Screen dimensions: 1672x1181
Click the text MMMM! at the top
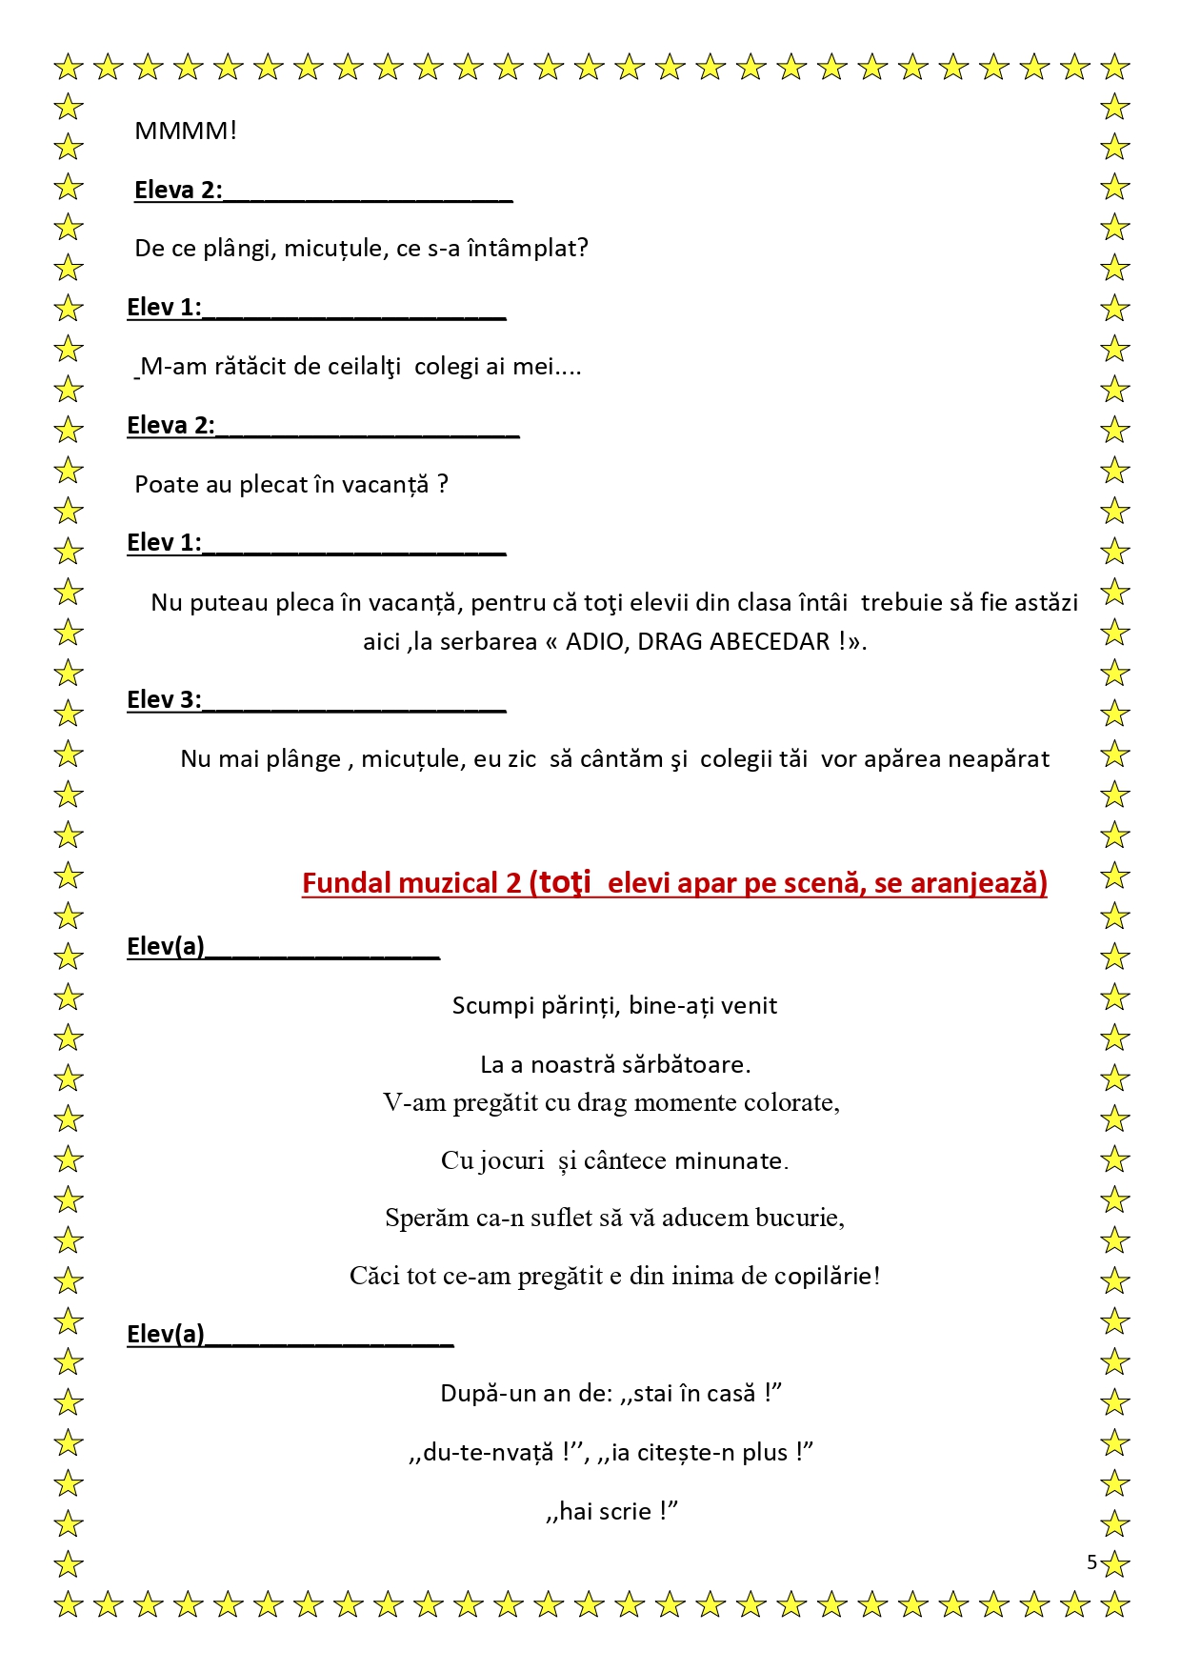186,131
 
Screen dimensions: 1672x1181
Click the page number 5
1091,1562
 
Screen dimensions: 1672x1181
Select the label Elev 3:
164,700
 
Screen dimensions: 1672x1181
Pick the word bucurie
797,1219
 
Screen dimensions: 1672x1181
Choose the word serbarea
489,641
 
